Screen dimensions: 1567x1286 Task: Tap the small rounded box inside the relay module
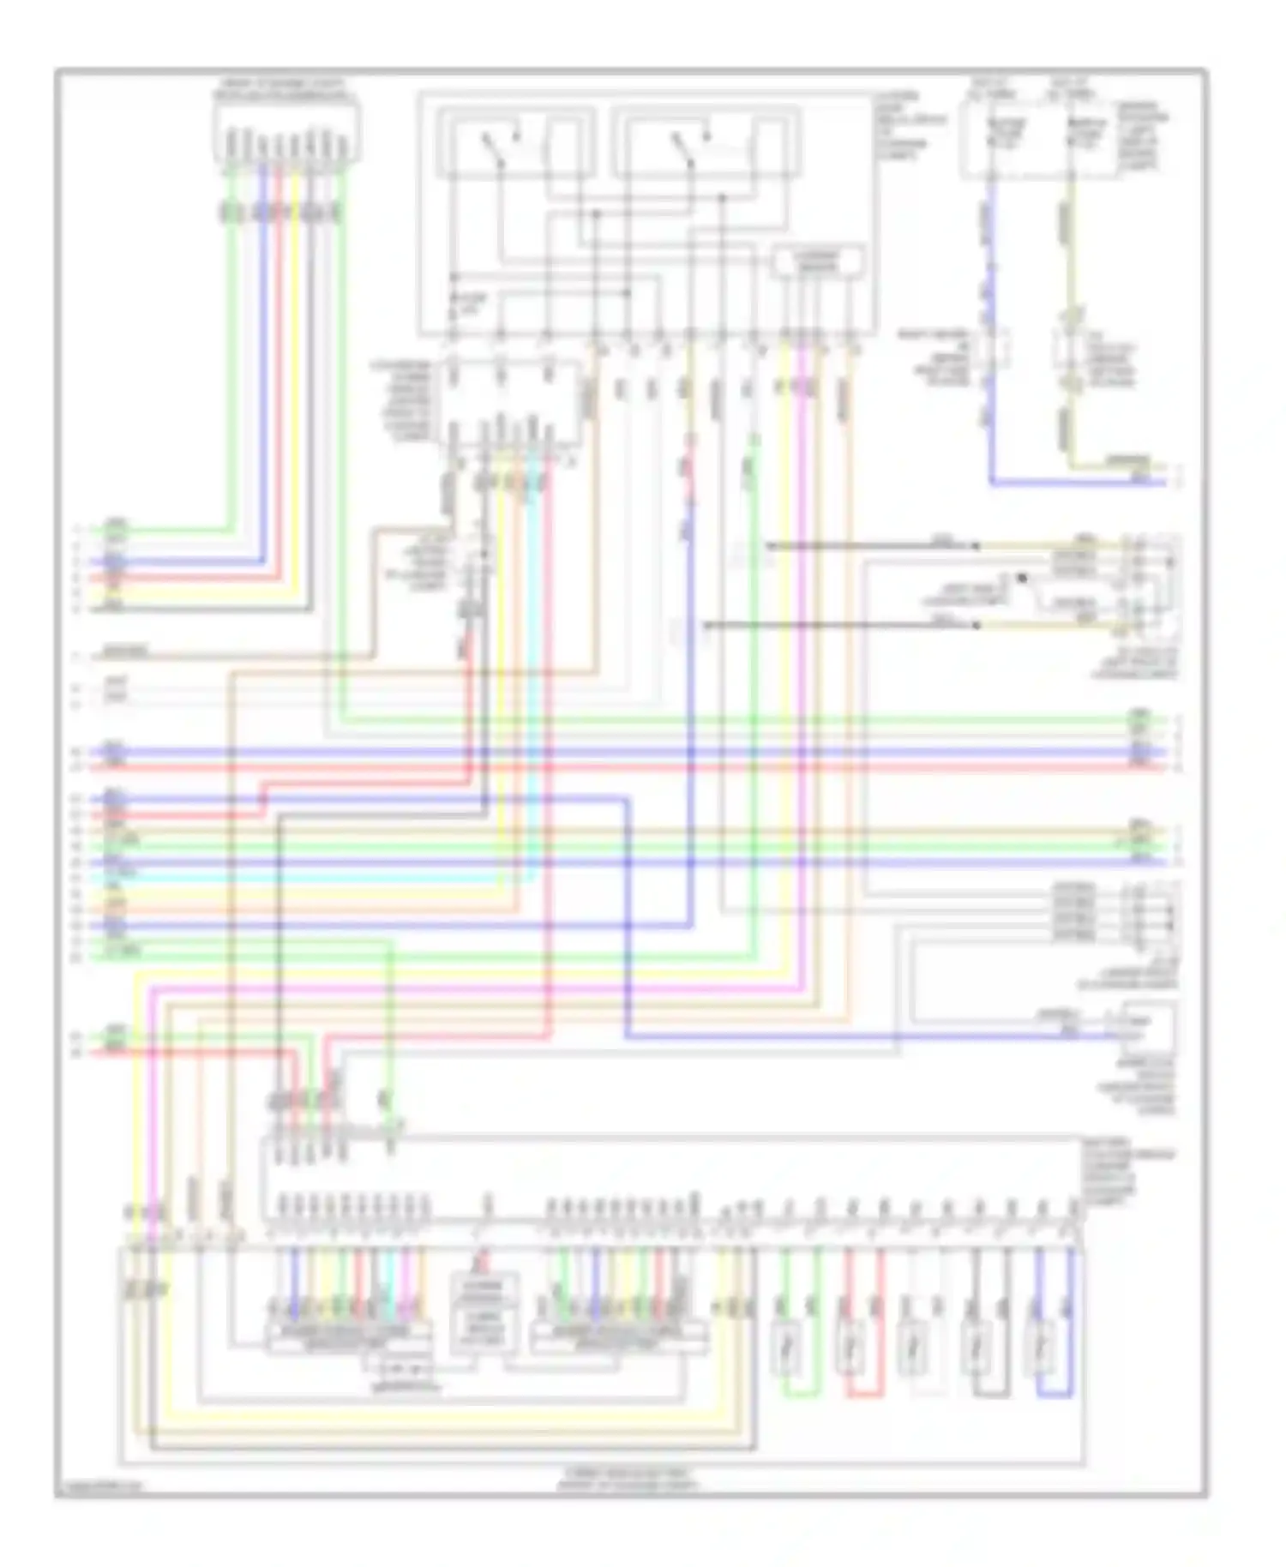tap(818, 261)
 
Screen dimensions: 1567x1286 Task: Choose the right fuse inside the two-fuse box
tap(1080, 133)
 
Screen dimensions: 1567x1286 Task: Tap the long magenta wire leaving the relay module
tap(801, 686)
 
